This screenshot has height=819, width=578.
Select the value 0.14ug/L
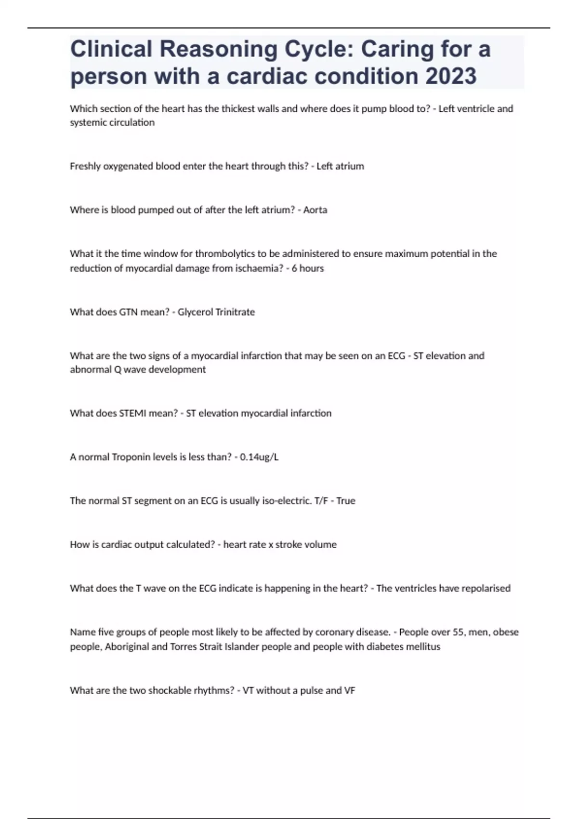(259, 457)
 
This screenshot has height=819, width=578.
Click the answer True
(346, 501)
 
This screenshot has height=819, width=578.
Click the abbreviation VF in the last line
(350, 690)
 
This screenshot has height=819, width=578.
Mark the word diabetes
(389, 647)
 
